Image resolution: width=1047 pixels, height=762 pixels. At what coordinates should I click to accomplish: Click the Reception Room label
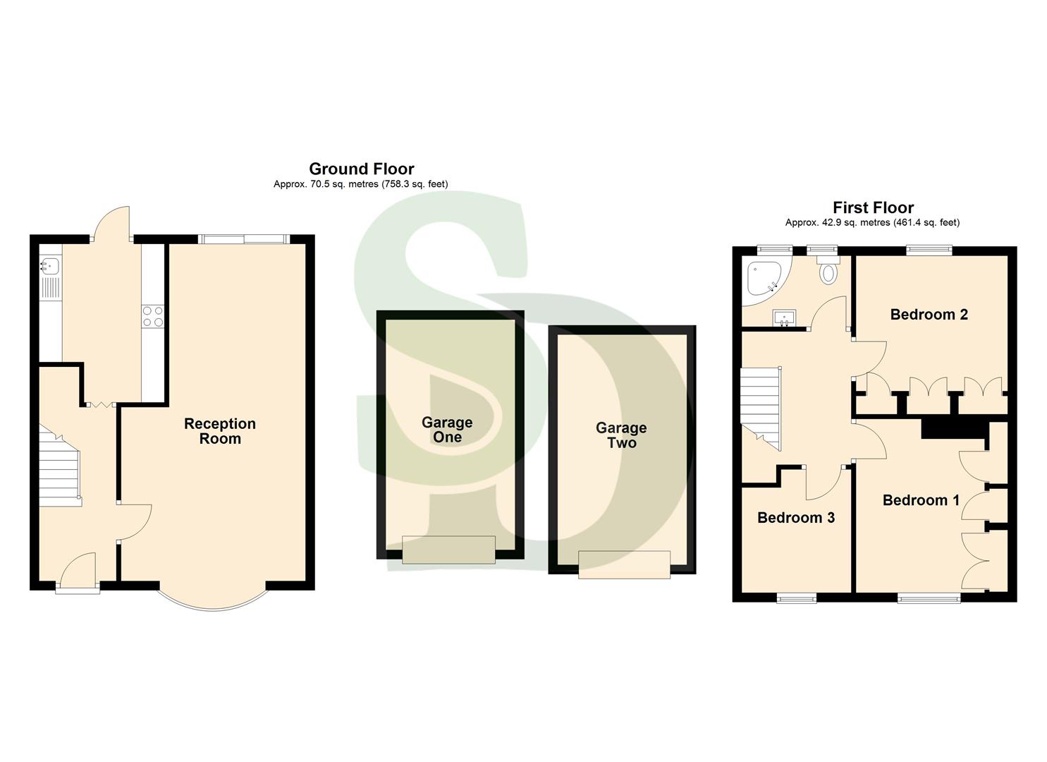click(220, 431)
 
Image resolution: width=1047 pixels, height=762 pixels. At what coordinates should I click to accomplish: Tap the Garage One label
click(447, 430)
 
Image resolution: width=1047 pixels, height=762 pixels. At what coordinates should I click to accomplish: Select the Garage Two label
click(621, 435)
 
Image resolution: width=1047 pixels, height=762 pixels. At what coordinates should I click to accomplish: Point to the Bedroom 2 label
click(929, 315)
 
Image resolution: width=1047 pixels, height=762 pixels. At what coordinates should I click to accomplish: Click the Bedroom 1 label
click(921, 500)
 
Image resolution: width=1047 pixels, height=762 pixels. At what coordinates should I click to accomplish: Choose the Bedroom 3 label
click(795, 518)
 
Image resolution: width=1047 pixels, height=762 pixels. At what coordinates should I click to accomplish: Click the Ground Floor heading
click(361, 169)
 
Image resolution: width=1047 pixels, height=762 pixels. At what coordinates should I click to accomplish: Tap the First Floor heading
click(873, 207)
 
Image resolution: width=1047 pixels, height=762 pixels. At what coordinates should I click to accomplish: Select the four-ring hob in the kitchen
click(153, 316)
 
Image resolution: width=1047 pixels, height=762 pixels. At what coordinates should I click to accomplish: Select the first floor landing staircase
click(760, 409)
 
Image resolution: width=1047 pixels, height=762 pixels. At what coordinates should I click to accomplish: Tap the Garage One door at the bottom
click(448, 550)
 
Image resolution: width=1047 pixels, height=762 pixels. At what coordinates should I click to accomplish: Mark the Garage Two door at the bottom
click(624, 564)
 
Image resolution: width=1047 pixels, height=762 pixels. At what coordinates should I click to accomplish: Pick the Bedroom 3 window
click(796, 599)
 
